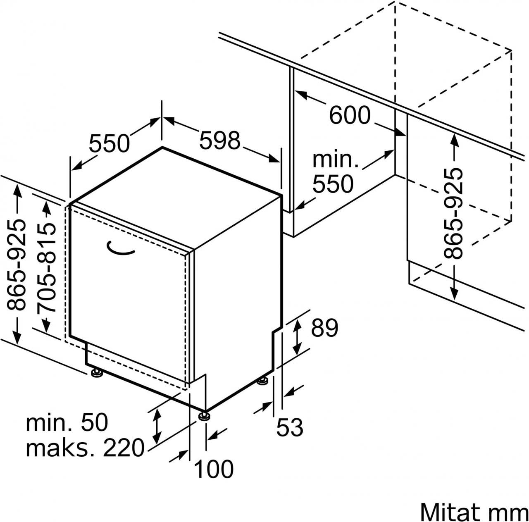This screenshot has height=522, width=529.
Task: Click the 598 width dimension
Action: pyautogui.click(x=219, y=141)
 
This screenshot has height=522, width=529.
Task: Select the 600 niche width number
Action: pyautogui.click(x=350, y=115)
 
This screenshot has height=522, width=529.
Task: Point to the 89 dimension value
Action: pyautogui.click(x=324, y=328)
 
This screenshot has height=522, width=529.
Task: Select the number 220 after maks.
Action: pyautogui.click(x=124, y=448)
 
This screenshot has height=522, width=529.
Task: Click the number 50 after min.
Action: pyautogui.click(x=94, y=422)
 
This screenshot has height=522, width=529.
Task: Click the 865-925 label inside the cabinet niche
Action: pyautogui.click(x=454, y=213)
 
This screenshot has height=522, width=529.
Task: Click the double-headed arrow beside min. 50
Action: pyautogui.click(x=157, y=426)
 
